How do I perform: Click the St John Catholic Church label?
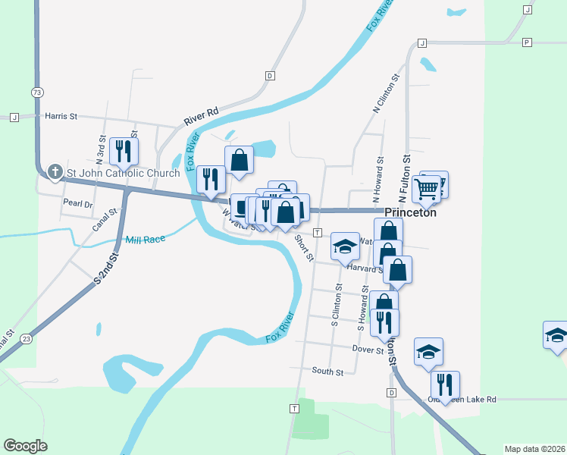123,173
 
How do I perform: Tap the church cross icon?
55,172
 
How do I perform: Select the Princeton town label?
411,213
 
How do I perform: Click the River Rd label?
201,116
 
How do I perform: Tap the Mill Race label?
145,239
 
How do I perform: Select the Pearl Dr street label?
77,203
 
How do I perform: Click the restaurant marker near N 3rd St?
123,150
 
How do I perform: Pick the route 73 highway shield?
37,92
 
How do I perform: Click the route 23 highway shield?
27,338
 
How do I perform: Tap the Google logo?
25,446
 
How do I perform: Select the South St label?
327,372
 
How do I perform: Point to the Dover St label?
368,350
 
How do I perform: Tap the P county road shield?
526,42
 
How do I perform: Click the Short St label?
304,246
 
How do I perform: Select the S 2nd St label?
108,268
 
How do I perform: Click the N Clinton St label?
386,94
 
